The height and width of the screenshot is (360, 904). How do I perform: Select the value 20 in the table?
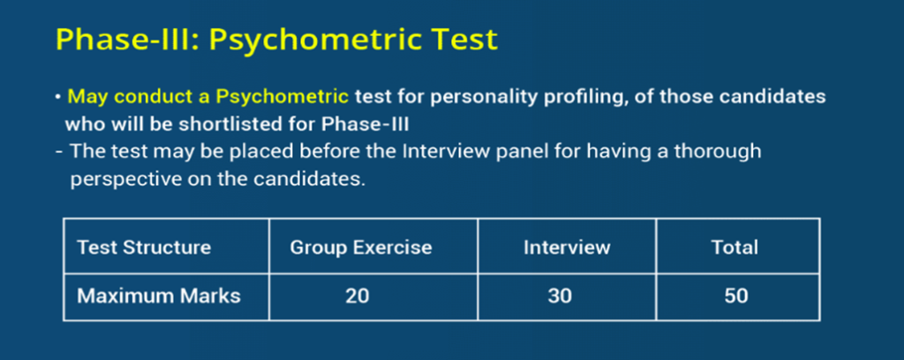pos(358,296)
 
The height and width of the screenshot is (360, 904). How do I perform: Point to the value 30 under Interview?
pos(560,296)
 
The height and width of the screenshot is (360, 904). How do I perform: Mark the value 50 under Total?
pos(736,296)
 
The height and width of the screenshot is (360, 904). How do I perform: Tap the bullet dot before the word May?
pos(58,97)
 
